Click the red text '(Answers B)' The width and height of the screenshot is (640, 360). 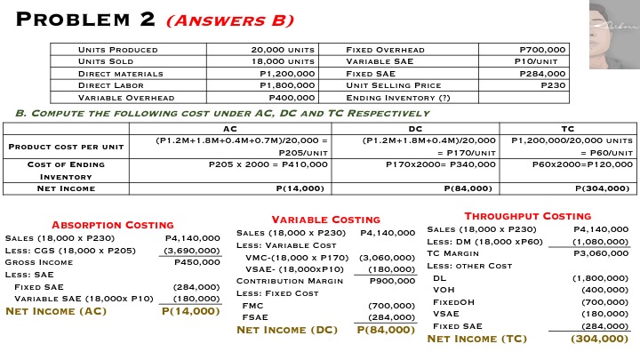239,20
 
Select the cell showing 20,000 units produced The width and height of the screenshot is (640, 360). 283,50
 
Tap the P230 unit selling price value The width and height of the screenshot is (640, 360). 552,85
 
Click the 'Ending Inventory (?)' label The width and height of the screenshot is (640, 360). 397,98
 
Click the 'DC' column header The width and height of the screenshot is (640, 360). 414,129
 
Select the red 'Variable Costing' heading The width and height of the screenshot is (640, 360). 325,219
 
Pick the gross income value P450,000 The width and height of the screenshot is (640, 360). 196,262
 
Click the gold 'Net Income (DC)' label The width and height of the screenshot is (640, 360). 287,330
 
